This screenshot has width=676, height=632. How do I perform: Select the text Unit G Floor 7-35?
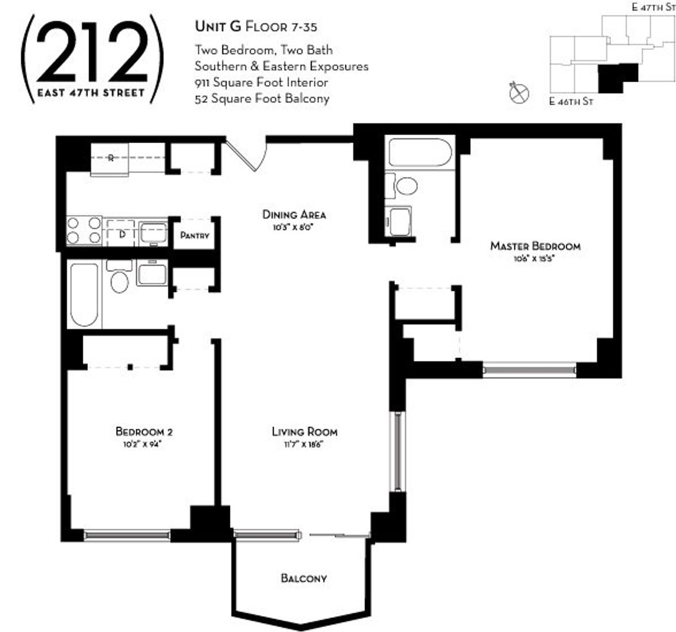click(259, 26)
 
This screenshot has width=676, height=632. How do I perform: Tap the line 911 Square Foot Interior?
click(261, 82)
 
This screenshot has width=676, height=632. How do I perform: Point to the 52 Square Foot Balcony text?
click(262, 99)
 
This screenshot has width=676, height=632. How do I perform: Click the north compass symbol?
click(518, 93)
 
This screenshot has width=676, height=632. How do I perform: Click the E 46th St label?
click(571, 102)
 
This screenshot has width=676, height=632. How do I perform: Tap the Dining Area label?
click(294, 215)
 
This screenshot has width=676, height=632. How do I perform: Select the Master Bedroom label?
click(535, 246)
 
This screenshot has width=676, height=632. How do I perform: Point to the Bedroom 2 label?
click(144, 431)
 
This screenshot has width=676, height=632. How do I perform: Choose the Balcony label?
click(304, 578)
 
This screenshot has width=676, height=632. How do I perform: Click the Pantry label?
click(194, 235)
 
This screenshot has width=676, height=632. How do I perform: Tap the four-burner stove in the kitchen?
click(84, 230)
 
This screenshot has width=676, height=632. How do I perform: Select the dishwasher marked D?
click(121, 233)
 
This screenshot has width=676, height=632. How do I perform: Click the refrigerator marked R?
click(110, 158)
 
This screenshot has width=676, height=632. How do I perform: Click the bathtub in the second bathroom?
click(84, 295)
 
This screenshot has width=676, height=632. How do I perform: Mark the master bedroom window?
click(530, 370)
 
